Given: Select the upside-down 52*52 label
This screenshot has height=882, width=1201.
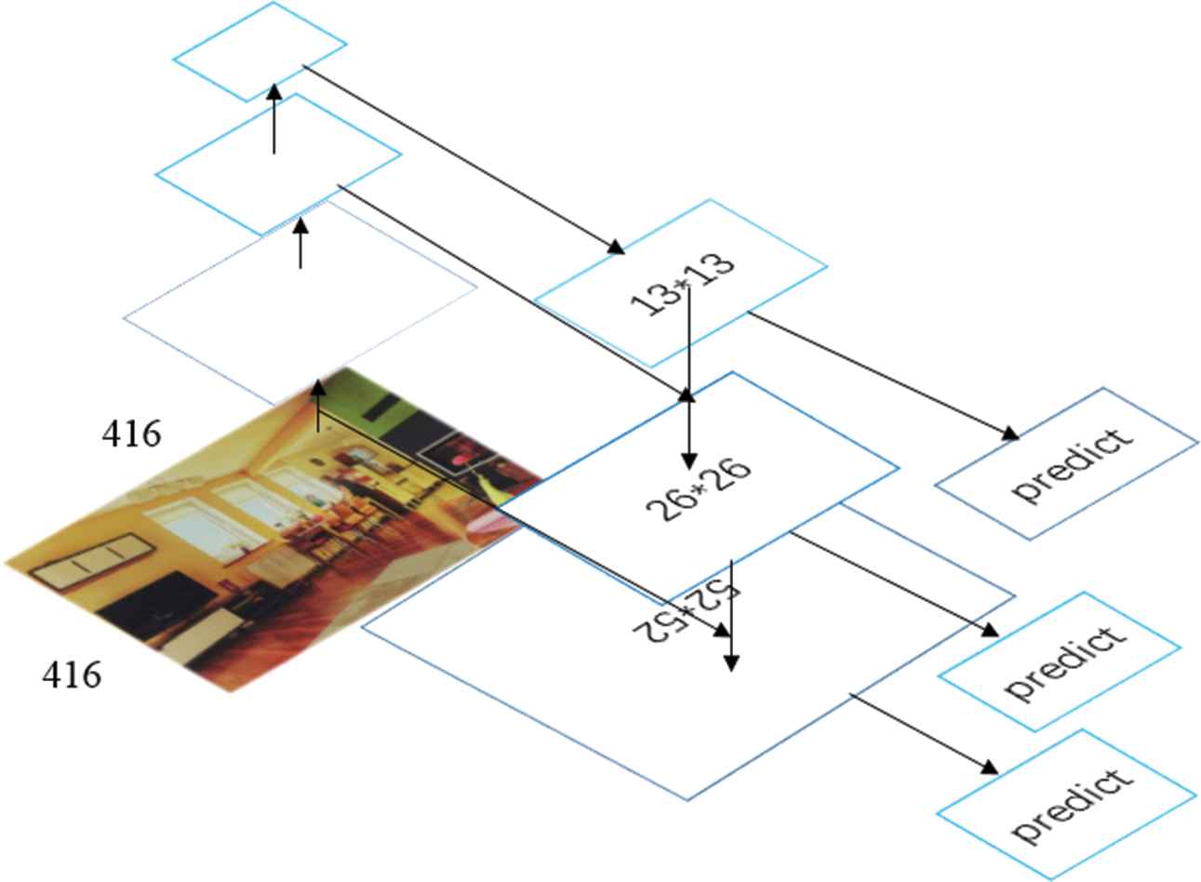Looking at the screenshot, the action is coord(687,612).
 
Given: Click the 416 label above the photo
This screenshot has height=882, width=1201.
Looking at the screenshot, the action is coord(131,434).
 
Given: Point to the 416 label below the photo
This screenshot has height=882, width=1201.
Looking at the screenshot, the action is coord(72,675).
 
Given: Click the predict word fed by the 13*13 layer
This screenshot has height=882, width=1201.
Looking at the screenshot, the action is coord(1073,465).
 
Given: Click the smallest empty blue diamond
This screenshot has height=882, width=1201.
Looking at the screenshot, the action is coord(260,51).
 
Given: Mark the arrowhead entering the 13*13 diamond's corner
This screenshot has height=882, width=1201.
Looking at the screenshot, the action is coord(616,247).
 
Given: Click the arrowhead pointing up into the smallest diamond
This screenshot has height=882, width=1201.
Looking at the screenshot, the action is coord(274,91).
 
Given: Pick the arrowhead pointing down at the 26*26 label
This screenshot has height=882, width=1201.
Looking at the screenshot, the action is coord(689,461).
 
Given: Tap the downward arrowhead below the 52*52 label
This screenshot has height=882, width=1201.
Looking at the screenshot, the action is coord(731,663).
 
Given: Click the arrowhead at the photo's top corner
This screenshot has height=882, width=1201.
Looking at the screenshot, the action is coord(318,388).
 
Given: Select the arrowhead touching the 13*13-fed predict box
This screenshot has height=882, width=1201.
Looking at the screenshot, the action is coord(1010,434).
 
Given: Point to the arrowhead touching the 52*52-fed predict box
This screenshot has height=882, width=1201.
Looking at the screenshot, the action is coord(990,768).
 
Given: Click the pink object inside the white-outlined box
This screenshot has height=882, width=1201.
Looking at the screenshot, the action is coord(460,459).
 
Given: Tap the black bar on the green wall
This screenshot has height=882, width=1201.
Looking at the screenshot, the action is coord(381,407).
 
